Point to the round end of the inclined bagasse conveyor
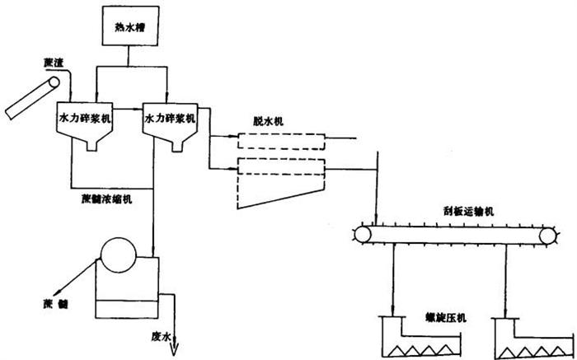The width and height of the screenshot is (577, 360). pyautogui.click(x=56, y=82)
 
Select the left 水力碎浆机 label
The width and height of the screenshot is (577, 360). pyautogui.click(x=84, y=119)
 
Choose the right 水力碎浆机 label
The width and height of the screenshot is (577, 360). pyautogui.click(x=171, y=119)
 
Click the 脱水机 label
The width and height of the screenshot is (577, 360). pyautogui.click(x=269, y=121)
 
